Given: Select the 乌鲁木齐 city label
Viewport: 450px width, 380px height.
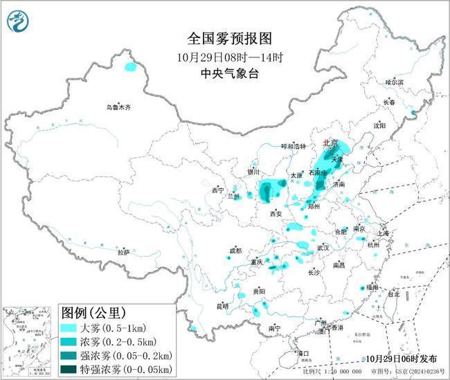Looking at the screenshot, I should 118,107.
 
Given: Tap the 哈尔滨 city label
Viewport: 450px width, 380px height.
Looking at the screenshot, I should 394,82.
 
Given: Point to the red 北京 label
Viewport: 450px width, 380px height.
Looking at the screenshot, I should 330,143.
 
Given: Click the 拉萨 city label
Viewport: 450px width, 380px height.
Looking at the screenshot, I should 123,253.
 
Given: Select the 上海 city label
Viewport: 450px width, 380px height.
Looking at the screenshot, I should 384,233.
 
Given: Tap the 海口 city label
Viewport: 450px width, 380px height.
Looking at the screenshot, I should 303,353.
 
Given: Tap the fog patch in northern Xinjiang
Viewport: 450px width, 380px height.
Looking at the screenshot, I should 129,68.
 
